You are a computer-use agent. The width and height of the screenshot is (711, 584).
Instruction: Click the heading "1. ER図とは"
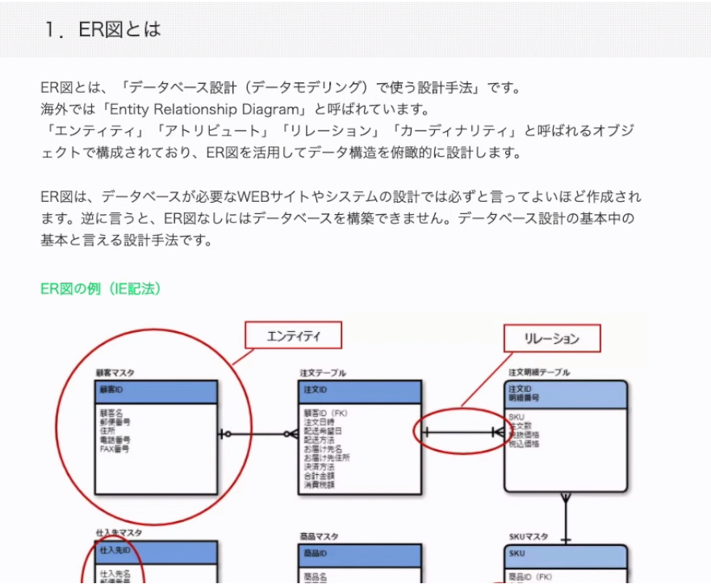tap(103, 30)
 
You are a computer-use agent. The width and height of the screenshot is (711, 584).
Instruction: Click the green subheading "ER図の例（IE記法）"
tap(100, 288)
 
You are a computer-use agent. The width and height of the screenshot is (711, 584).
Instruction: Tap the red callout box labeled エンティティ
tap(293, 335)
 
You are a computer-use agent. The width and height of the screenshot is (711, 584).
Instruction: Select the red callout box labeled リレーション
tap(552, 338)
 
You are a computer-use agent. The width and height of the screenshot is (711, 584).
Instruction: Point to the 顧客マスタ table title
tap(115, 373)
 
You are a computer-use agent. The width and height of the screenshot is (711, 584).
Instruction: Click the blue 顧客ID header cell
tap(157, 392)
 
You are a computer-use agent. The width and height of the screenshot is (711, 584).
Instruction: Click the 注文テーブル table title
tap(323, 373)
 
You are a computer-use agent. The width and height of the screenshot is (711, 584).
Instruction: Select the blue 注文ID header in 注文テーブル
tap(360, 392)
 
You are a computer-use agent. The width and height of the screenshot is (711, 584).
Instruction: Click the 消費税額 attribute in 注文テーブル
tap(319, 485)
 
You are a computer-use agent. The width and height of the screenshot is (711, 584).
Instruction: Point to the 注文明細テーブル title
tap(539, 372)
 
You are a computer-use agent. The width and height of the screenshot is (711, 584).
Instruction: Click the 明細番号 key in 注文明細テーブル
tap(525, 397)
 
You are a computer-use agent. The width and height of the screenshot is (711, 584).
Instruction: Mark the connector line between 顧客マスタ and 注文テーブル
tap(258, 435)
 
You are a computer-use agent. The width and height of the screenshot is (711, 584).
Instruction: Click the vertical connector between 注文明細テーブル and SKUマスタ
tap(566, 517)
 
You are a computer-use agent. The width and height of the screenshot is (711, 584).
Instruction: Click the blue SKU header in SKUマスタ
tap(566, 554)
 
